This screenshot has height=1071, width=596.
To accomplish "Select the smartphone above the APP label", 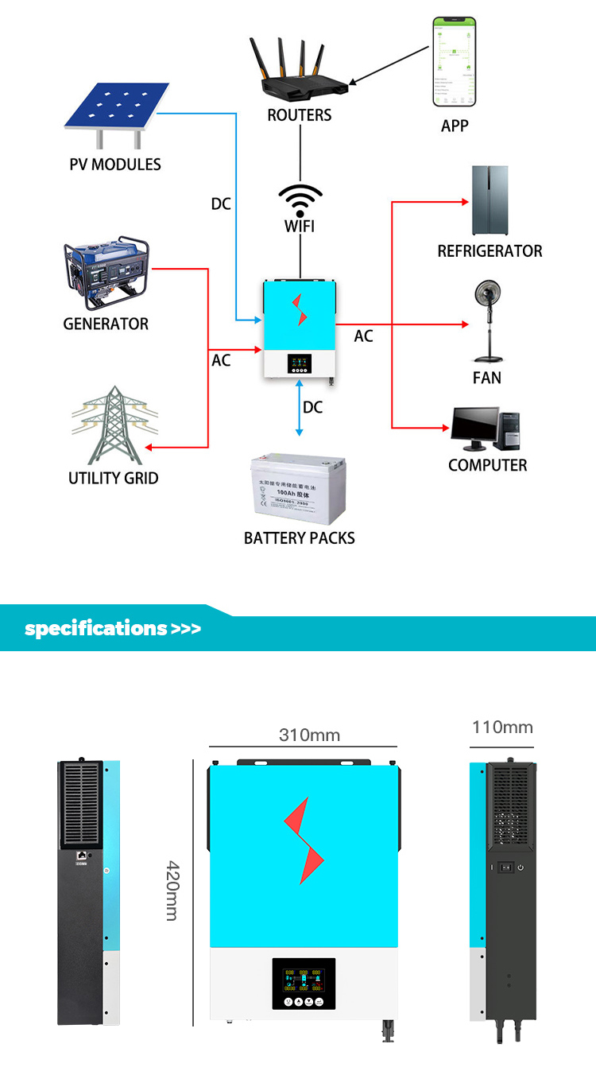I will (454, 62).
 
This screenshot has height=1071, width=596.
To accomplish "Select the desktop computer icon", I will (485, 429).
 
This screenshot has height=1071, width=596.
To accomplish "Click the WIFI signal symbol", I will (300, 200).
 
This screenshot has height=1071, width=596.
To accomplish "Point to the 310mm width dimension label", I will (309, 735).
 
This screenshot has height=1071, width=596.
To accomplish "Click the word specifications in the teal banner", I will (96, 628).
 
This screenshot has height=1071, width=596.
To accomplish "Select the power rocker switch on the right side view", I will (503, 866).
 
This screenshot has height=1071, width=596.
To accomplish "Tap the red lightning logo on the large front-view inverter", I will (304, 840).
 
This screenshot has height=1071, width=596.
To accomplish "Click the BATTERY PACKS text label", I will (299, 538).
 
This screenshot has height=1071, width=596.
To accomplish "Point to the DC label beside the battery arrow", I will (313, 407).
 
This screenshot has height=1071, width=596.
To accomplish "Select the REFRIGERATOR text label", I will (490, 251).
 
